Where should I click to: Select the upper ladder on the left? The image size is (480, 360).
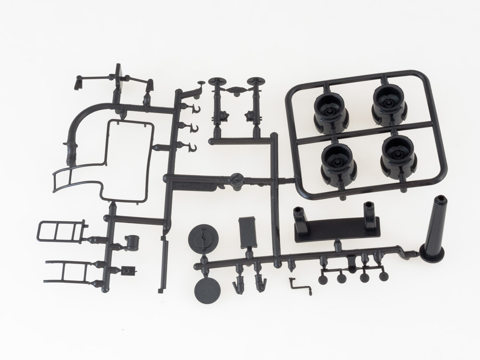[x=60, y=232]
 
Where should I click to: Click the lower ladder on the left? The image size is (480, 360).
[x=65, y=271]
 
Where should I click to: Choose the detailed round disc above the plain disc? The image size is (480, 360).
[x=204, y=237]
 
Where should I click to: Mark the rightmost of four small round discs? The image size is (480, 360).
[x=383, y=276]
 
